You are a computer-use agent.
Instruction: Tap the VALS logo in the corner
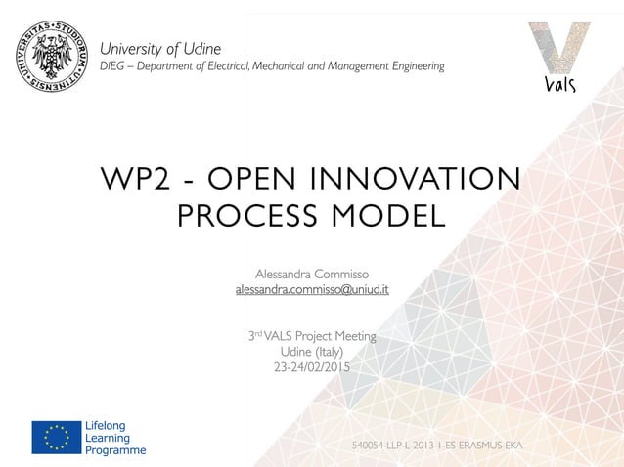[558, 58]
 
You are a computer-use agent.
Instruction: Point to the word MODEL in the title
[388, 216]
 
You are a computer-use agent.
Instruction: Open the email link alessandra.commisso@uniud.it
[312, 290]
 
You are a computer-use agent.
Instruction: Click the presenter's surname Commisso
[339, 273]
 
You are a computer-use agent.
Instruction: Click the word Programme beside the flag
[116, 450]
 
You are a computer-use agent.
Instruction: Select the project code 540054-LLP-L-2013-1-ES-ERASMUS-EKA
[437, 446]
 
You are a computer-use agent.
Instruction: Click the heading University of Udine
[161, 48]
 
